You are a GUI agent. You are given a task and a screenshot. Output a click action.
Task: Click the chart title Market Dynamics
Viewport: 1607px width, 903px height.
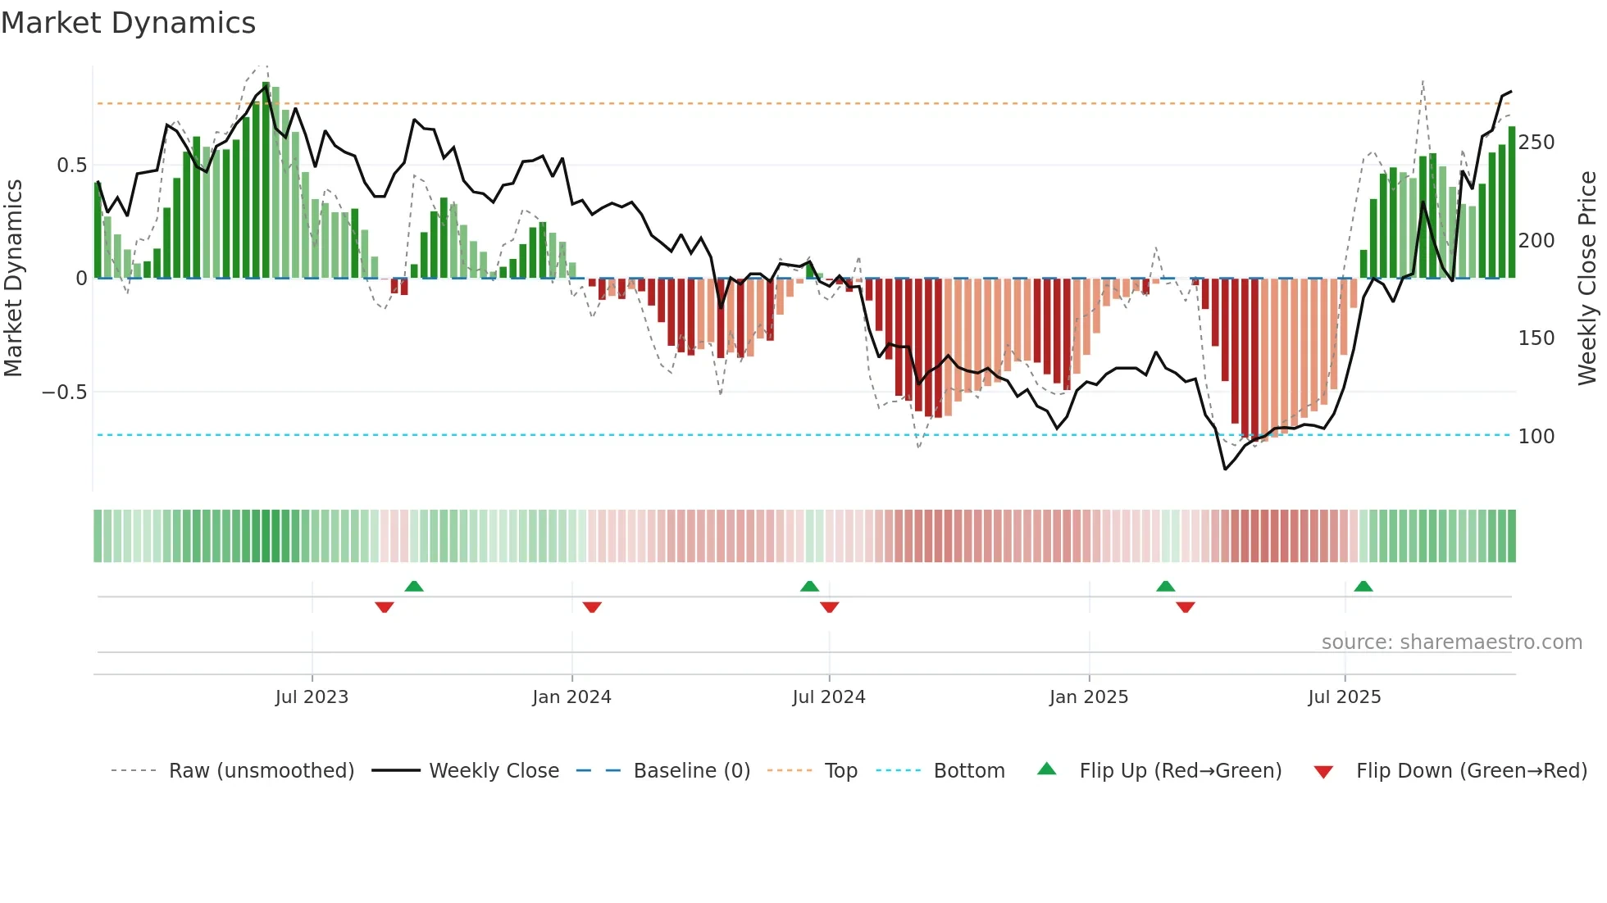pos(129,23)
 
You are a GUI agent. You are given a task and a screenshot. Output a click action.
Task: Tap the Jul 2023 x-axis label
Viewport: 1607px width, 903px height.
pos(312,697)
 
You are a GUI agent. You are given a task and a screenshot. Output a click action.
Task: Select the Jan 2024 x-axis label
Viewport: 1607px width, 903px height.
pos(571,697)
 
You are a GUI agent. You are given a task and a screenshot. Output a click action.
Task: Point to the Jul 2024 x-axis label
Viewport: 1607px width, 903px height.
pos(829,697)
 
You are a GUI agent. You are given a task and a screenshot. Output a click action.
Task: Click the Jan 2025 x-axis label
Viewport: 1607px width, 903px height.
pos(1089,697)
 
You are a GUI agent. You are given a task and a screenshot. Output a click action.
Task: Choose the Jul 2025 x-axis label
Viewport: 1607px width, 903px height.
pos(1345,697)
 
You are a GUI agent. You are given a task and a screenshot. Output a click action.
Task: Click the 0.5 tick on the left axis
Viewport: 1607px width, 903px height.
pos(72,166)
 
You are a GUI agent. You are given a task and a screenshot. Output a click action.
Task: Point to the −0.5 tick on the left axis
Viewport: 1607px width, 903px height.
pos(65,393)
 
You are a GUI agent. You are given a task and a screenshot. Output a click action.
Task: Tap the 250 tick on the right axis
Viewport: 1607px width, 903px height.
pos(1536,143)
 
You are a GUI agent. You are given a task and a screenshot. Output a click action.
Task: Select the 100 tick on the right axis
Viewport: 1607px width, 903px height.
pos(1536,437)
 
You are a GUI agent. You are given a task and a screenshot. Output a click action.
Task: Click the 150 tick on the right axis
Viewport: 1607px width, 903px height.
pos(1536,338)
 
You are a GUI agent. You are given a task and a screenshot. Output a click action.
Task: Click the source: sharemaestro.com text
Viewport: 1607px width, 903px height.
pos(1451,642)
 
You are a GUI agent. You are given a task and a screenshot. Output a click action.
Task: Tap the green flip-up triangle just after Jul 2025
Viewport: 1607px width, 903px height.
pos(1363,587)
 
